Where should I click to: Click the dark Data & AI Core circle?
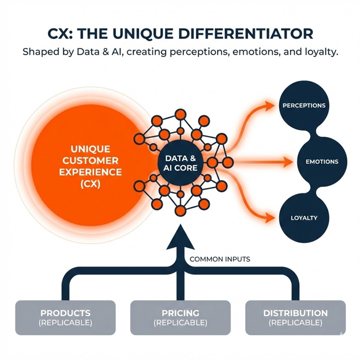click(180, 163)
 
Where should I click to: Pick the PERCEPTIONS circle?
click(304, 106)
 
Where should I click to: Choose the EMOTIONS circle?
click(322, 162)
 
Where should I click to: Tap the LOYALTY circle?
click(304, 218)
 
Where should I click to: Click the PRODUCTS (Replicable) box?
click(66, 318)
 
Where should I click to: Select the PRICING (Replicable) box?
click(180, 318)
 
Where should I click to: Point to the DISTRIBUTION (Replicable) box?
click(295, 318)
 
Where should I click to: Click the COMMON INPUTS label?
click(220, 260)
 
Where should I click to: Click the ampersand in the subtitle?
click(101, 52)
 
